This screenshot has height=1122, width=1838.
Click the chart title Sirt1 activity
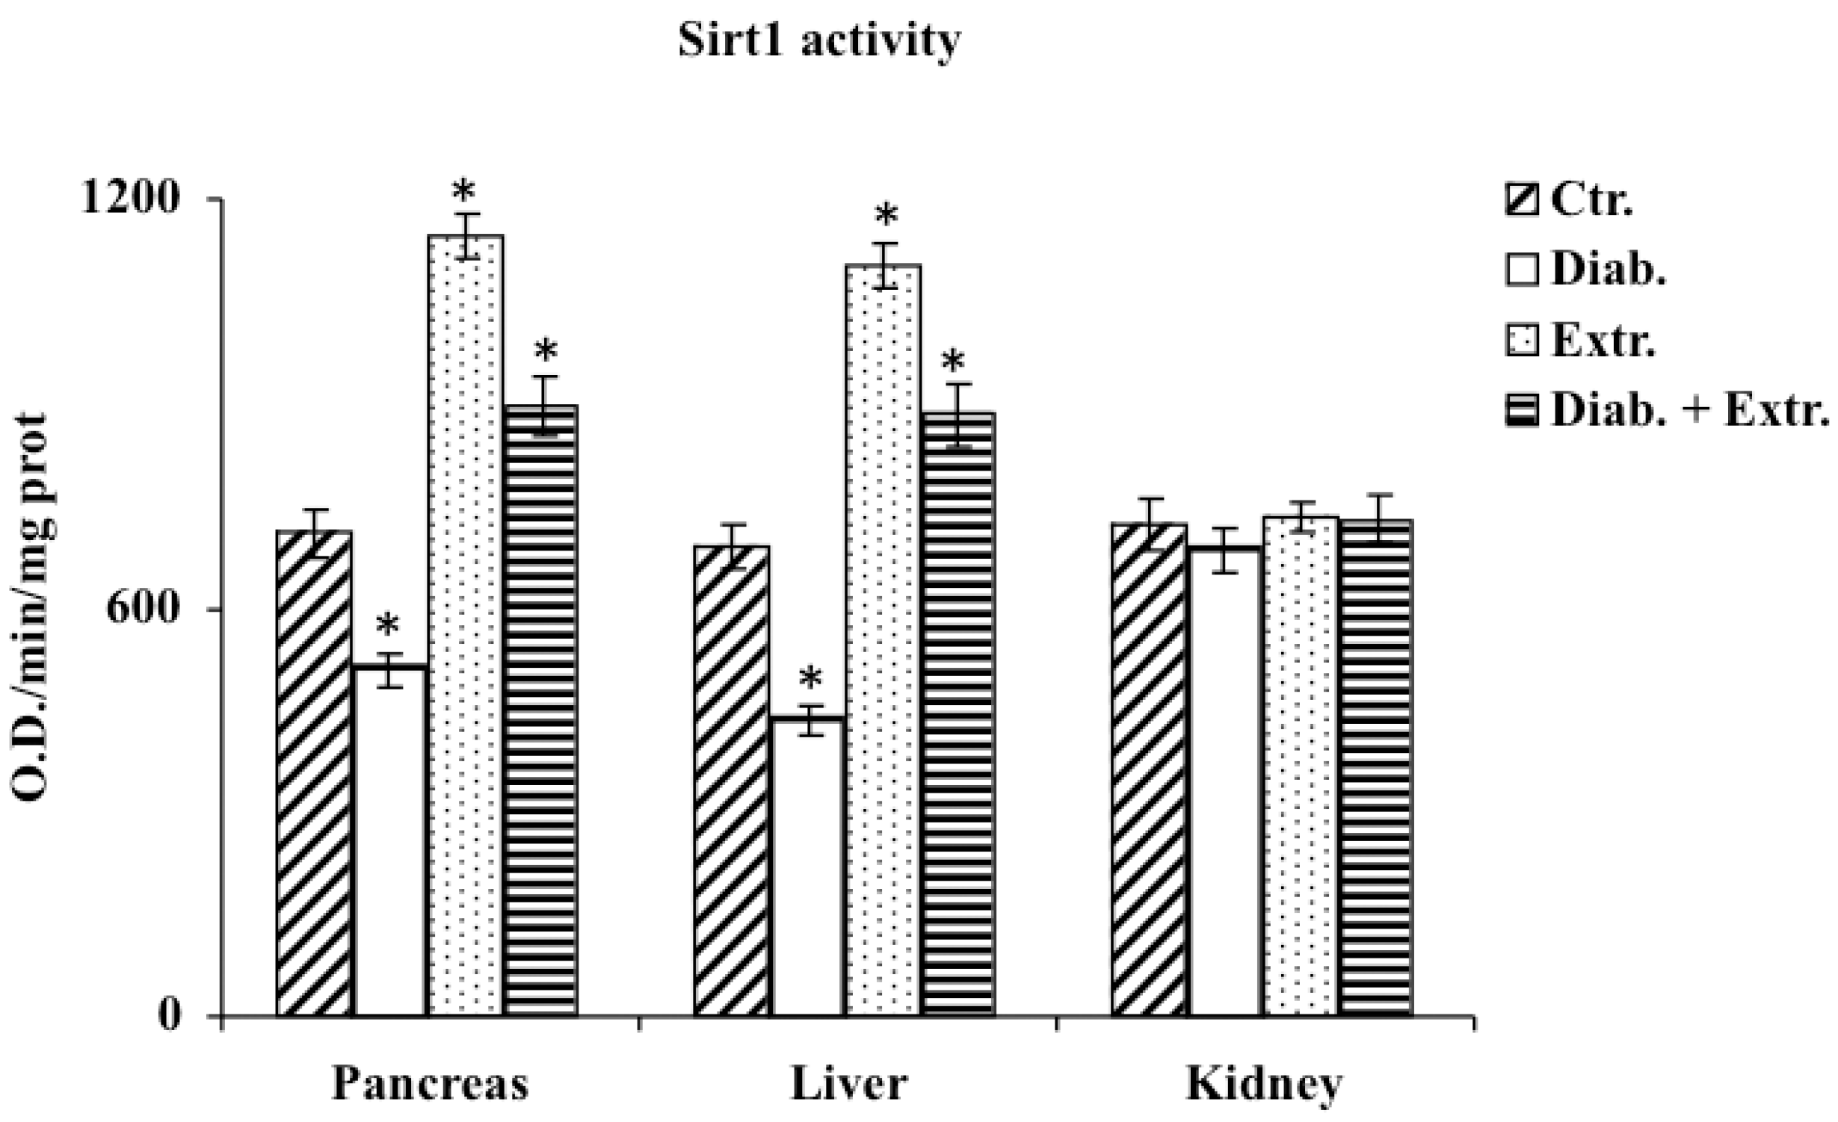click(818, 41)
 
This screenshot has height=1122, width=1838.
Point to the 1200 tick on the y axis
click(131, 199)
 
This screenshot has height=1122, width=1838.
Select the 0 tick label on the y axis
click(170, 1016)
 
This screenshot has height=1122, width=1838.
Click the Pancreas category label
click(430, 1083)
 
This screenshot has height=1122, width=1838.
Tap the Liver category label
click(850, 1083)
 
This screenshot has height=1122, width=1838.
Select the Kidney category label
click(1265, 1083)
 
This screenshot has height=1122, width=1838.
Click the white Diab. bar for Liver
click(808, 867)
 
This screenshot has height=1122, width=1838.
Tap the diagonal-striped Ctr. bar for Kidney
click(1150, 769)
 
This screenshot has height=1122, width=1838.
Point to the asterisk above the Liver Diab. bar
click(809, 681)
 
